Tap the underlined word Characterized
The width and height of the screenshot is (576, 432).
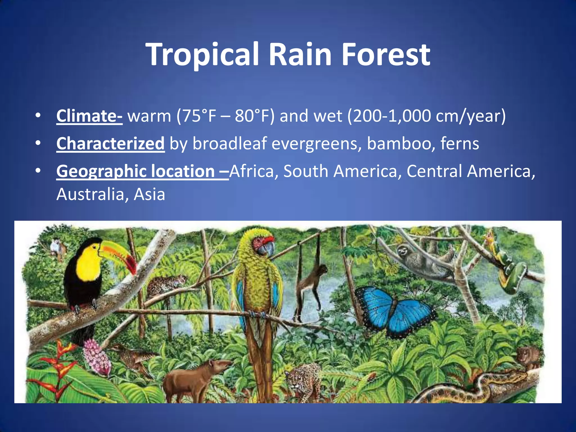110,143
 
